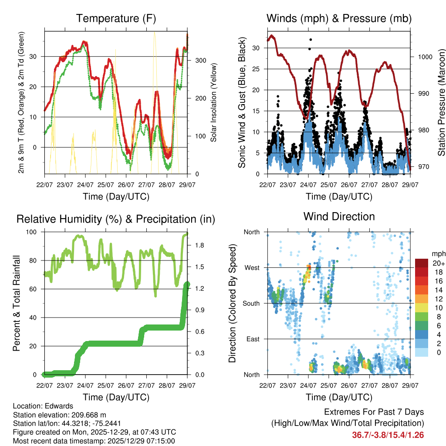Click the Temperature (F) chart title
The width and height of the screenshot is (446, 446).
tap(116, 18)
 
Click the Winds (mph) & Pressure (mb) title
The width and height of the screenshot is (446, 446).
tap(339, 18)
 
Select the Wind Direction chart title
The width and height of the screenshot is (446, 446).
tap(339, 216)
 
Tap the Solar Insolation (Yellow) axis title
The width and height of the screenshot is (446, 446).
tap(214, 103)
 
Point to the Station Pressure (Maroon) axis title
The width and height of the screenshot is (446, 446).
tap(441, 103)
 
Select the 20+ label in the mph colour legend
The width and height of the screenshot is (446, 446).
tap(437, 263)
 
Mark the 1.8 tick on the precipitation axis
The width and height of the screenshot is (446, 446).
tap(199, 246)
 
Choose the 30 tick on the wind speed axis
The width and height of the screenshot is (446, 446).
tap(257, 48)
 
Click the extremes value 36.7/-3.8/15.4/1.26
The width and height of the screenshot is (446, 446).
tap(388, 435)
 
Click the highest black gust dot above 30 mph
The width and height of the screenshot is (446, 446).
tap(311, 40)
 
